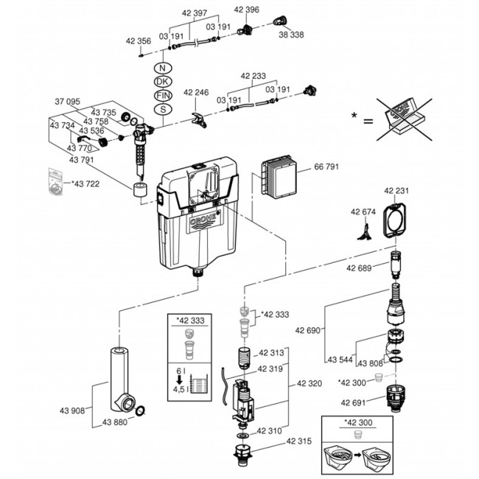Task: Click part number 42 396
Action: coord(247,9)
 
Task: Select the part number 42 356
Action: coord(138,41)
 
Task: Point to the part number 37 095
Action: coord(68,101)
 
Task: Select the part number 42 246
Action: coord(197,93)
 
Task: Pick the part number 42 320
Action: coord(310,383)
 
